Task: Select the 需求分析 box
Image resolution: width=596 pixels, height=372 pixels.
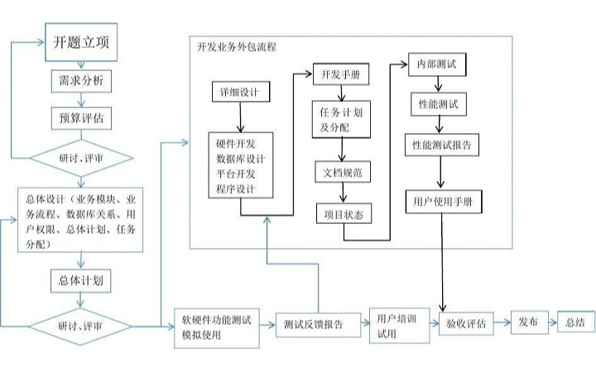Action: pos(80,82)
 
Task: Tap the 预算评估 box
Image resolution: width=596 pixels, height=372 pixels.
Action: pos(80,117)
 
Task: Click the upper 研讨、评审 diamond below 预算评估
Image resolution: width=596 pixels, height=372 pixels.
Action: pos(80,157)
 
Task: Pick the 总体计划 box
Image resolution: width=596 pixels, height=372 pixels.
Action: pos(80,279)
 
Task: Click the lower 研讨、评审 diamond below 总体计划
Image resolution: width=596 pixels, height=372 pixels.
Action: pos(80,325)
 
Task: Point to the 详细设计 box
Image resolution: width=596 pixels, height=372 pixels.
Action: pos(239,92)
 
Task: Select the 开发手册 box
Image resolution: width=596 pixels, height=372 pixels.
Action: pos(340,74)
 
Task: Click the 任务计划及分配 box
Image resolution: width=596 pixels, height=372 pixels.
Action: pos(340,121)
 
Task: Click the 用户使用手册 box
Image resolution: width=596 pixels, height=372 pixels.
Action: pos(444,201)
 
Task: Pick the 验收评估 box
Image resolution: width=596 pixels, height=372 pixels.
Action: pos(465,322)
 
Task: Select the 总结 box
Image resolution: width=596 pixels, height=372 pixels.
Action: pos(575,321)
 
